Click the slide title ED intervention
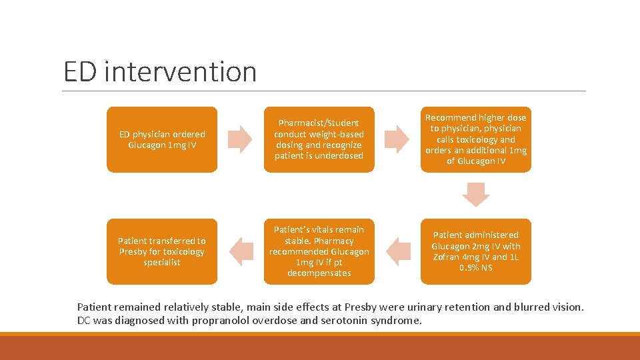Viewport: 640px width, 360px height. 160,72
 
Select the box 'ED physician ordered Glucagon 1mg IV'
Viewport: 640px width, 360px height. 162,139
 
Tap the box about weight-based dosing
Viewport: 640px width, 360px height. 319,139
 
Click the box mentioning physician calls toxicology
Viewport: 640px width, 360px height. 476,139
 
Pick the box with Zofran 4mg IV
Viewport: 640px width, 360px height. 476,251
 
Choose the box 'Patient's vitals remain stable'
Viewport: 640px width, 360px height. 319,251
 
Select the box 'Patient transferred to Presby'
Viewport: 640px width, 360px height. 162,251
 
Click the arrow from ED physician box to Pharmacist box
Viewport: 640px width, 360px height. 240,139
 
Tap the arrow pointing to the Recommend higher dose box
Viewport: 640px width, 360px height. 397,139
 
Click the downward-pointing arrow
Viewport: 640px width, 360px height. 476,195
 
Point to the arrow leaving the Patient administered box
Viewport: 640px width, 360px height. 398,251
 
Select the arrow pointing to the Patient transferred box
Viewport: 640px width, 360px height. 241,251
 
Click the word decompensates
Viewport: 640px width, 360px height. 319,273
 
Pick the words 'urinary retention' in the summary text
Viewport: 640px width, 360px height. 488,307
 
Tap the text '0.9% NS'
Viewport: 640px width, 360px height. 476,268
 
